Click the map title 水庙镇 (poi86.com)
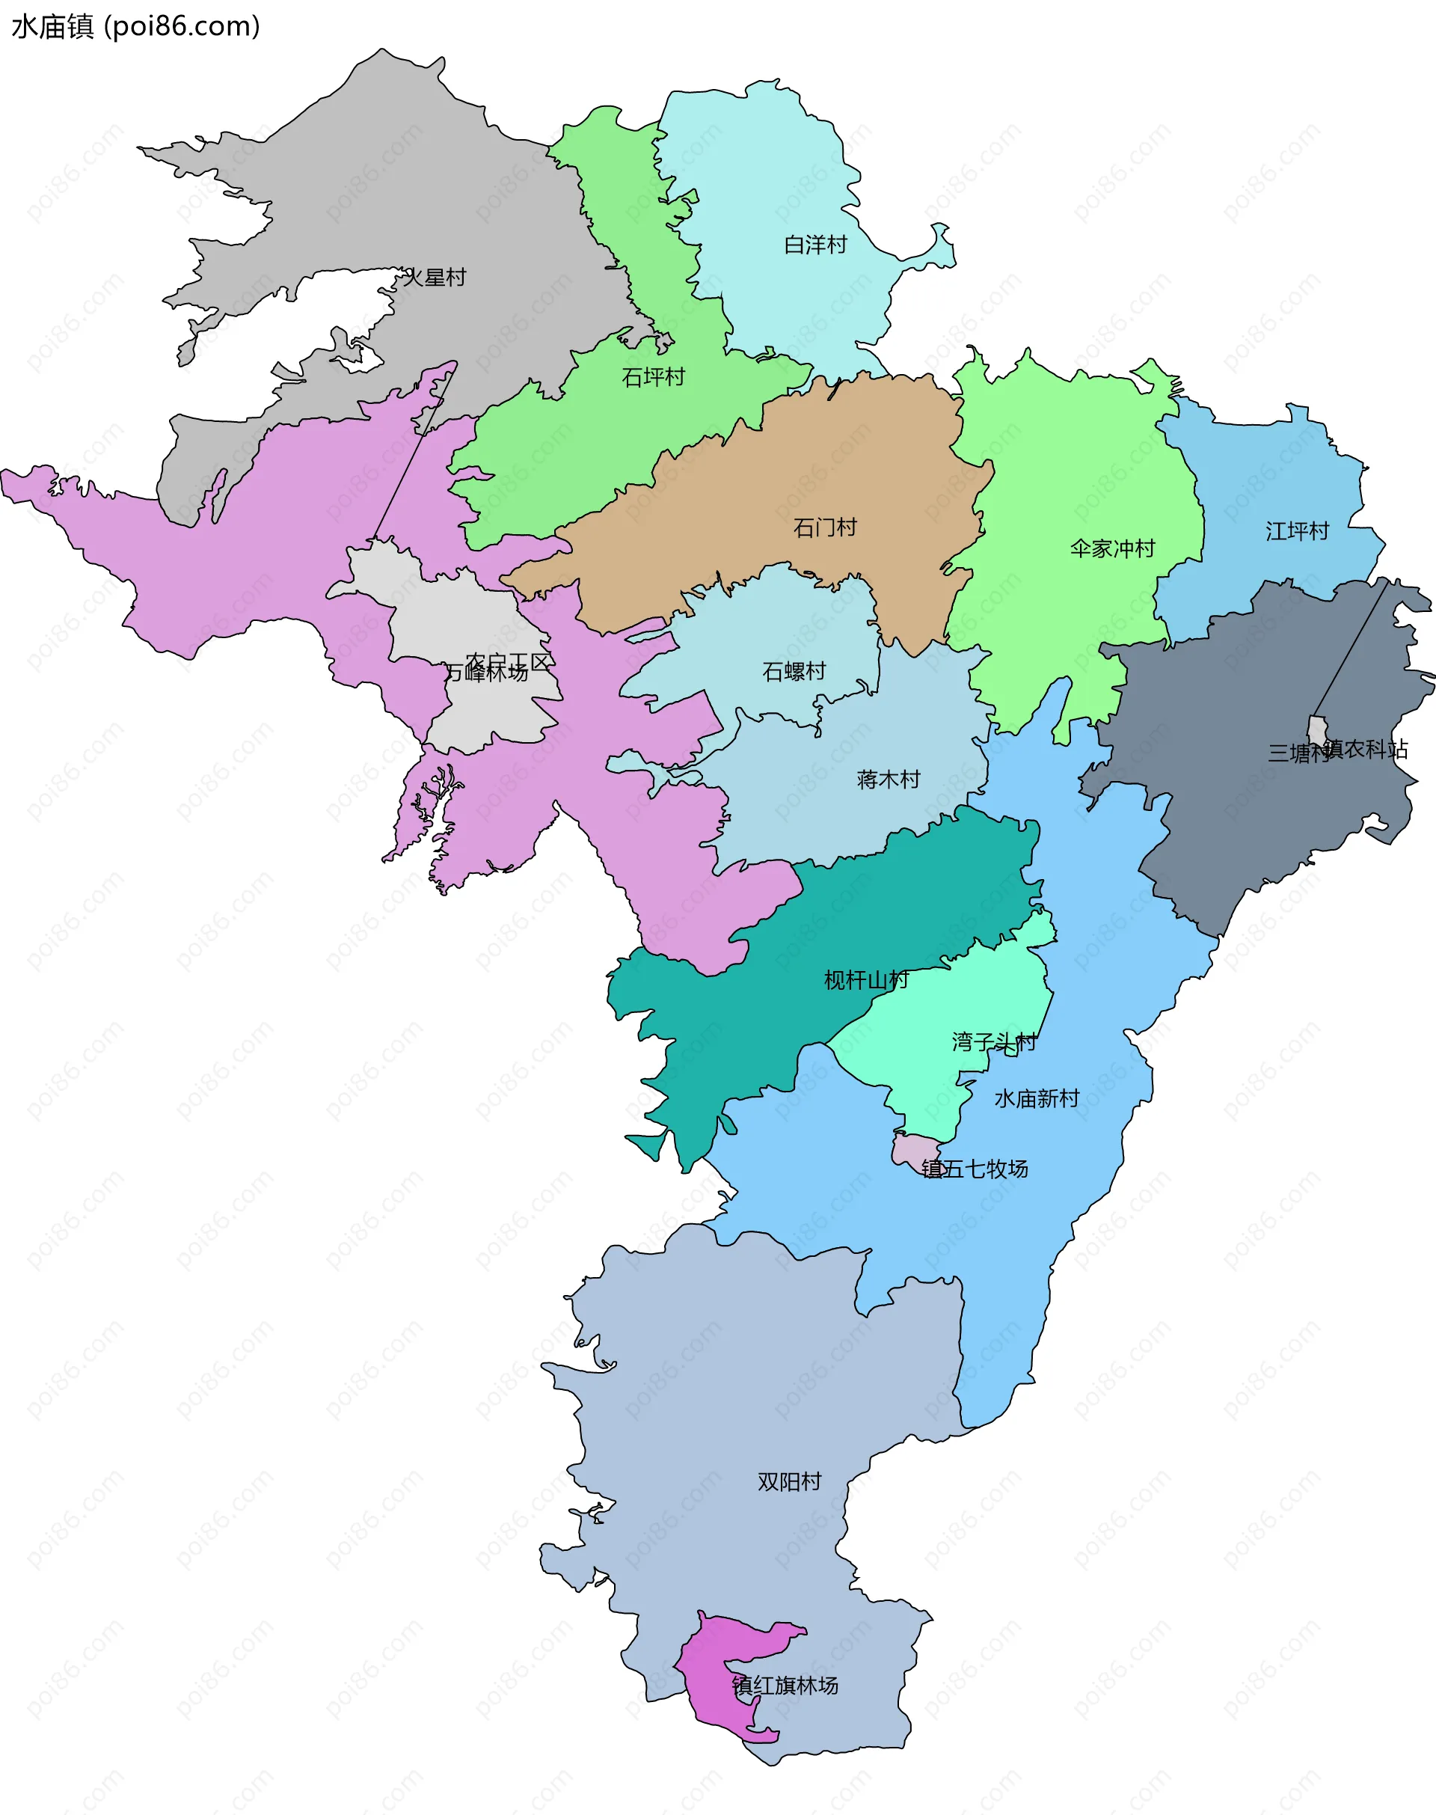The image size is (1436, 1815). point(135,26)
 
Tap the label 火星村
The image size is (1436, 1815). point(434,278)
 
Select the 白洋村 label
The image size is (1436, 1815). point(814,245)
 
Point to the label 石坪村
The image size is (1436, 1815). point(652,377)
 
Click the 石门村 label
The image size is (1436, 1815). point(824,527)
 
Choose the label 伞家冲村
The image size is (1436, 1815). point(1111,548)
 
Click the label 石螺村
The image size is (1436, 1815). point(793,671)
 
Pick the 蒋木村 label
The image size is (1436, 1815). point(888,780)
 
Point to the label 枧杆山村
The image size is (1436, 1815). point(865,980)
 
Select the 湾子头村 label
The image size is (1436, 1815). point(993,1042)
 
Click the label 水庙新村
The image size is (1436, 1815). point(1036,1098)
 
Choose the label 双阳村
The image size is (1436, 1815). point(788,1481)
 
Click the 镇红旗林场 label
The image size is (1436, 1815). point(784,1686)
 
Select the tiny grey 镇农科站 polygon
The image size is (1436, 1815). point(1316,729)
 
